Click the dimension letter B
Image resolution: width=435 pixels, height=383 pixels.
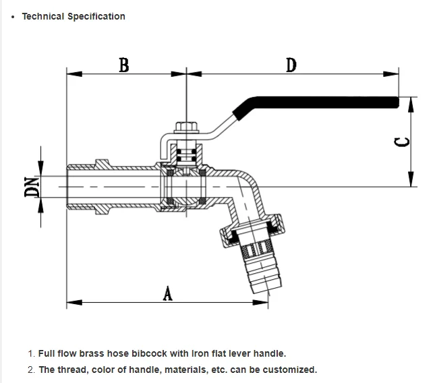click(x=124, y=65)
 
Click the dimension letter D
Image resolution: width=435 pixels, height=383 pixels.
click(x=291, y=65)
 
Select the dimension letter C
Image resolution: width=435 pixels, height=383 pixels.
click(x=402, y=142)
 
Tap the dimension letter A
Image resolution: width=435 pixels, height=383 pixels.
click(x=167, y=294)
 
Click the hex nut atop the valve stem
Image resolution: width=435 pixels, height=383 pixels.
click(x=186, y=128)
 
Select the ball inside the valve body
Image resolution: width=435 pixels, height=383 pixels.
click(x=186, y=187)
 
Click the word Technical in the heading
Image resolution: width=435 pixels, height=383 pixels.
click(x=43, y=16)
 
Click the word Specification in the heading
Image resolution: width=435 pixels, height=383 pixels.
click(x=96, y=17)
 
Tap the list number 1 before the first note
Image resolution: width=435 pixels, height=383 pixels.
click(x=31, y=353)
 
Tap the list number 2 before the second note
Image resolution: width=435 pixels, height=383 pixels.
click(x=31, y=370)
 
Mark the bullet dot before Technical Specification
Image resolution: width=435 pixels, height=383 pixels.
click(x=13, y=17)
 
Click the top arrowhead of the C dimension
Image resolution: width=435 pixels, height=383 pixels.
click(x=411, y=105)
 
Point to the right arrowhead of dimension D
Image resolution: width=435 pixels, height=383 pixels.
click(x=391, y=74)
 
